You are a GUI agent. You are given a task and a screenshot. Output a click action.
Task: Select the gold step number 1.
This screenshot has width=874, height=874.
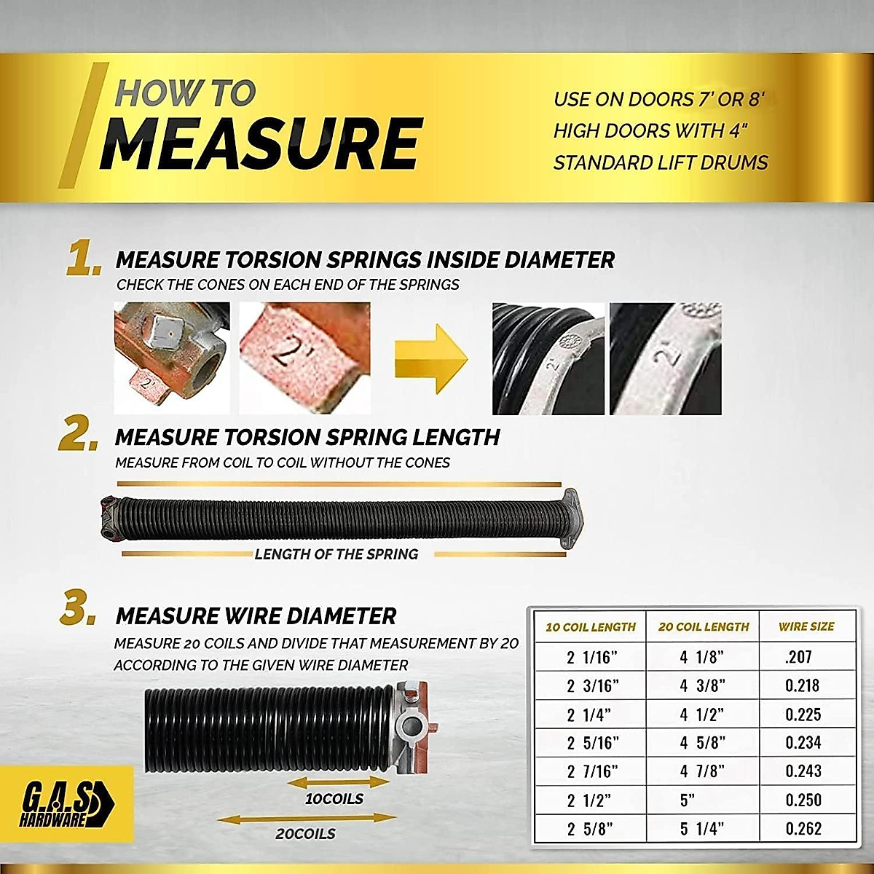84,261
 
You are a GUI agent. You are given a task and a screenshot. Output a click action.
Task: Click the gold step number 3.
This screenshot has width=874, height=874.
78,612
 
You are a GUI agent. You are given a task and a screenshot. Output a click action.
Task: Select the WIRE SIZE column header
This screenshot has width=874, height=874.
806,626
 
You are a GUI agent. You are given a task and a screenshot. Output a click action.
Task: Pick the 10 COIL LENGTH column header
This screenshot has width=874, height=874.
591,627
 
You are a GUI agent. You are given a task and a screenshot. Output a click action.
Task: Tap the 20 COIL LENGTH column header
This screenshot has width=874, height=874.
703,627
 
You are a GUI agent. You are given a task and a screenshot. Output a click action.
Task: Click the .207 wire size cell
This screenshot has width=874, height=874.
798,657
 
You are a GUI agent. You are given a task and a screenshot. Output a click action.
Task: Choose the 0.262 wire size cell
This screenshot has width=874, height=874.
803,829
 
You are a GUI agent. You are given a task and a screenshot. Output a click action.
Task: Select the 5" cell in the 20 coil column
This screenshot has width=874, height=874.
687,800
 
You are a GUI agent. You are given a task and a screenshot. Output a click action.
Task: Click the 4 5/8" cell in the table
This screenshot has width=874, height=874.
701,743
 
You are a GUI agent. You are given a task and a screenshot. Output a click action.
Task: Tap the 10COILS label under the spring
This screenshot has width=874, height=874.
334,799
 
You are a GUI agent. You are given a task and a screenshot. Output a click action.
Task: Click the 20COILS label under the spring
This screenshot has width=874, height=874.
305,834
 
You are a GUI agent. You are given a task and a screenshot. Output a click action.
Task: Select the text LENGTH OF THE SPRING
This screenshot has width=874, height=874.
336,554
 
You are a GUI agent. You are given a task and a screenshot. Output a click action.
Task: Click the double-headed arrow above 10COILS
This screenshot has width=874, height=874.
339,782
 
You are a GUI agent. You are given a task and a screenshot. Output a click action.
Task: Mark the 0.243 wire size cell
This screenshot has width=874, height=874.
803,771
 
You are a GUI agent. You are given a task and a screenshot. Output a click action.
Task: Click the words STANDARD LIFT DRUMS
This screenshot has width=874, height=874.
661,162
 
